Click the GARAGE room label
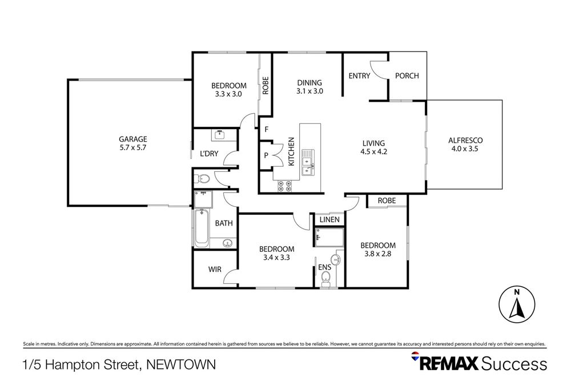coord(133,139)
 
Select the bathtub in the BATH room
coord(201,228)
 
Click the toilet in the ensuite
coord(325,278)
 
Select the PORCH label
coord(407,76)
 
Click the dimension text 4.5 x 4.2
coord(375,152)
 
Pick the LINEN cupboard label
coord(329,220)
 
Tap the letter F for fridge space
coord(266,130)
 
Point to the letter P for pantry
coord(266,155)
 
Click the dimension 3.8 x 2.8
coord(377,254)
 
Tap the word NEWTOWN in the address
coord(181,364)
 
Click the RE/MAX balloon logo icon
coord(416,358)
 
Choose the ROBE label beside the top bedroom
coord(266,85)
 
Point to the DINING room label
coord(309,82)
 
